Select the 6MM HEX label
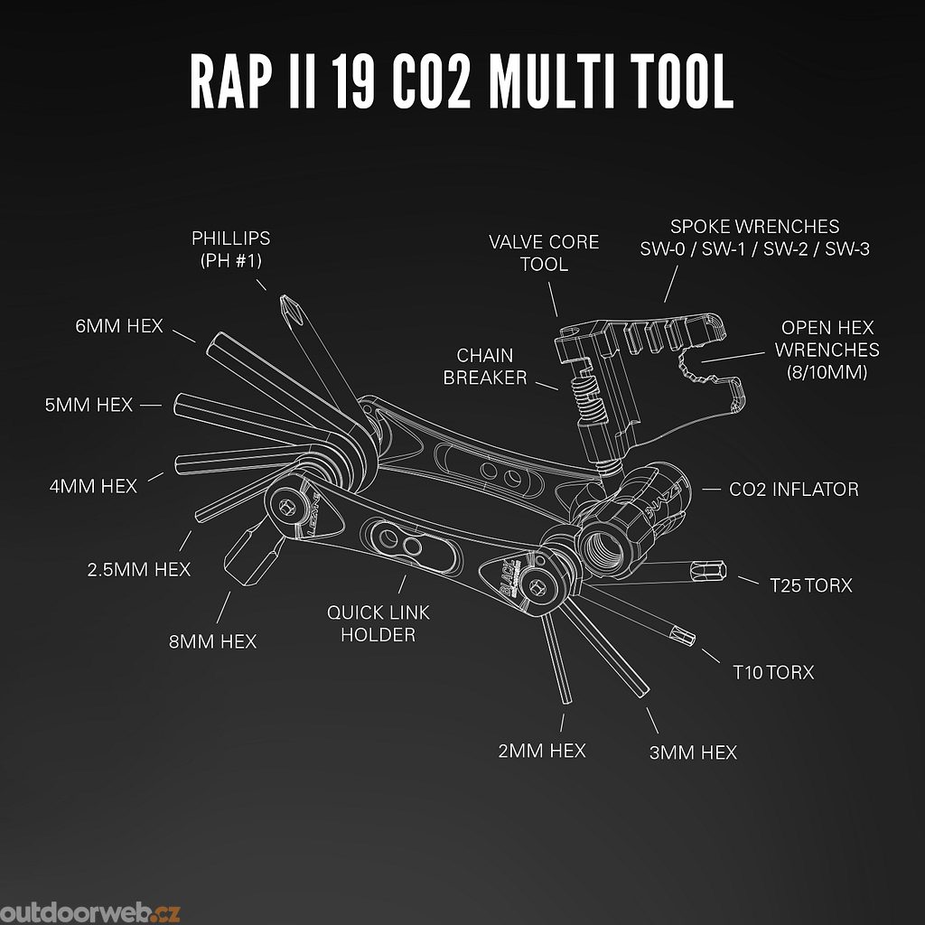[x=119, y=325]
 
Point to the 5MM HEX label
[x=89, y=405]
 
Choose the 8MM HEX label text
[x=212, y=641]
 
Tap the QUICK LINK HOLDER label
[x=378, y=623]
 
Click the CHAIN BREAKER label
[x=485, y=366]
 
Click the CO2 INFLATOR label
[x=794, y=489]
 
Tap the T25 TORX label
[x=810, y=585]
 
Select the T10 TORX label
[x=773, y=672]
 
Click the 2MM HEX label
[x=542, y=751]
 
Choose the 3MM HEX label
[x=693, y=752]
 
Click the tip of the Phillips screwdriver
[x=286, y=301]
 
